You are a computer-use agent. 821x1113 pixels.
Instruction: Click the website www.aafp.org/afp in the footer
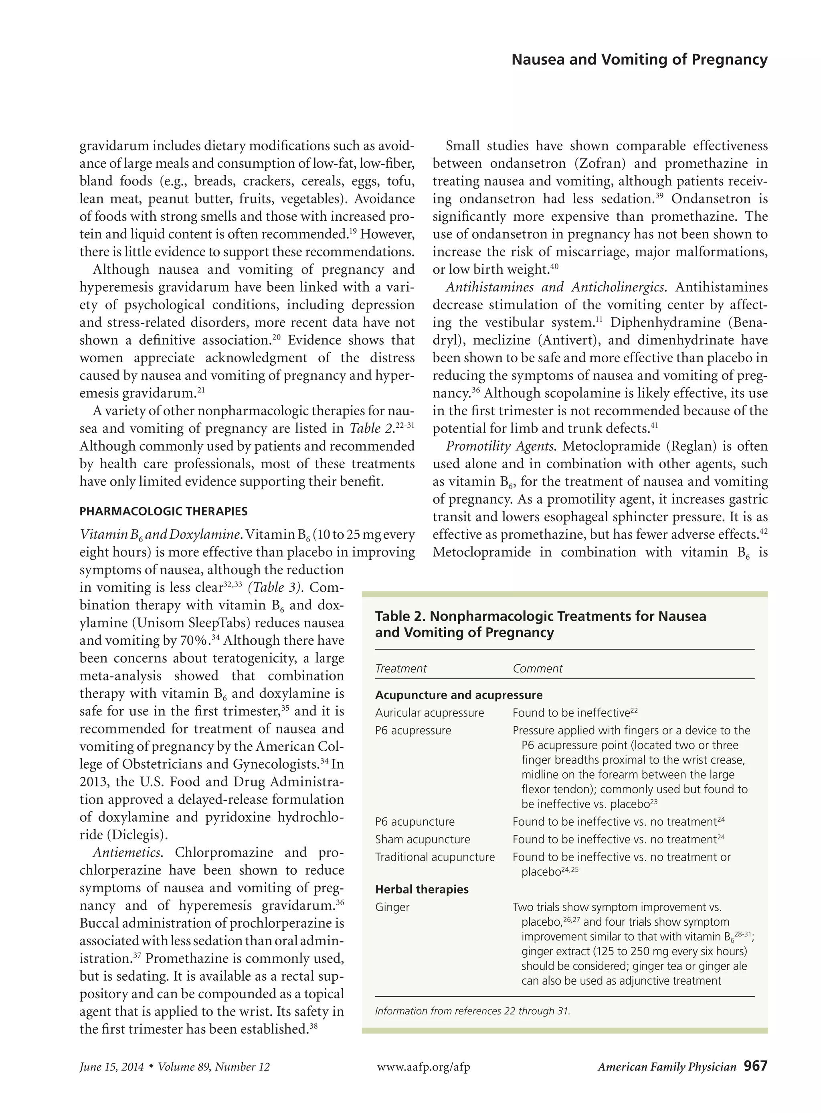423,1067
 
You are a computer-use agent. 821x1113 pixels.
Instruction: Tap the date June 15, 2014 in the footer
111,1067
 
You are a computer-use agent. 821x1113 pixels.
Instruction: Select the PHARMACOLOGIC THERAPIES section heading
164,511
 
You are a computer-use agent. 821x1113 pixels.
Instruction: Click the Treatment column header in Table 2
400,668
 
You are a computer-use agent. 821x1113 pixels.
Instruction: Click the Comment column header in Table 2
537,668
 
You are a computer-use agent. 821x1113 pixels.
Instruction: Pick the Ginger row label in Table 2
392,907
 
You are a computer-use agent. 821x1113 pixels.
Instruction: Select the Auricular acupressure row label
429,713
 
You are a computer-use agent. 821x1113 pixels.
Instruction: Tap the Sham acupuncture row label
423,839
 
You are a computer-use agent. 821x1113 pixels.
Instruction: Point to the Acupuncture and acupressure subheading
459,695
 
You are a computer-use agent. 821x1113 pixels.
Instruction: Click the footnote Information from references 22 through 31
472,1011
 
